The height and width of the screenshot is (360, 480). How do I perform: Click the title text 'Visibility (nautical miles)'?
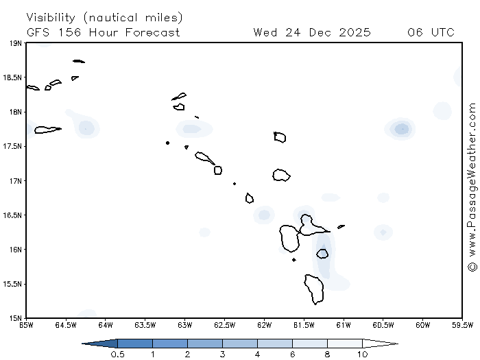(x=104, y=17)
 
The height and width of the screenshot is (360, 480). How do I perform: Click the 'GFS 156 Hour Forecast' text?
(x=104, y=32)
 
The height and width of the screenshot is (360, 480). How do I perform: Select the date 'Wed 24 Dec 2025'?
(x=312, y=32)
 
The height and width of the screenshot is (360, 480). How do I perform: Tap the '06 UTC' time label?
(x=431, y=32)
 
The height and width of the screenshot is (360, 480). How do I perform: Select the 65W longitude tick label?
(x=27, y=325)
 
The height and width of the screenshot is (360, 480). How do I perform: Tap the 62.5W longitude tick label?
(x=224, y=325)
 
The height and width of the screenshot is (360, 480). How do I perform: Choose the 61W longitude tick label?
(x=344, y=325)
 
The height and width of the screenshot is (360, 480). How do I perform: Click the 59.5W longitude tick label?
(x=462, y=325)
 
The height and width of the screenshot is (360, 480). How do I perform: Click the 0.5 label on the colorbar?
(x=118, y=354)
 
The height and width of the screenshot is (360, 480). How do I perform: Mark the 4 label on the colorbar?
(x=258, y=354)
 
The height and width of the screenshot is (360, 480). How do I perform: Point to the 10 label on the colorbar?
(x=362, y=354)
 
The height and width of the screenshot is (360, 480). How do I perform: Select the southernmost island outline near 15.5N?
(x=315, y=289)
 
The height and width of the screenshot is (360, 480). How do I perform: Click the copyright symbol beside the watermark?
(x=472, y=266)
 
